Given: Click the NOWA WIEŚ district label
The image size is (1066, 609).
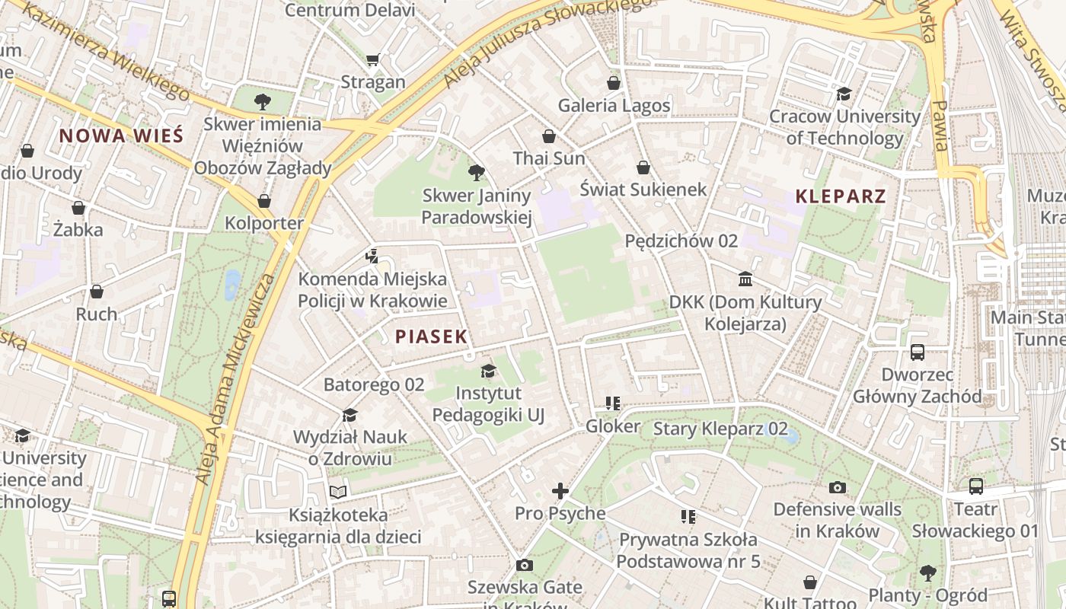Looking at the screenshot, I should pos(121,136).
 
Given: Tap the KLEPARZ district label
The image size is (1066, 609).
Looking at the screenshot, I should pos(841,196).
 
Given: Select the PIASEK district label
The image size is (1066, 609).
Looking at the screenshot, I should pos(431,336).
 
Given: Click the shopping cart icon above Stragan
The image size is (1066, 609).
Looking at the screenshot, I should pos(372,59).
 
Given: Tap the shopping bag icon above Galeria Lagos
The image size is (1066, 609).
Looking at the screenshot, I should pos(614,83).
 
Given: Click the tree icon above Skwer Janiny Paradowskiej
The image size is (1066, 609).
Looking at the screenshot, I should pos(477,173).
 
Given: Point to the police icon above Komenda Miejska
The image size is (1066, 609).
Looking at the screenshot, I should pos(372,256).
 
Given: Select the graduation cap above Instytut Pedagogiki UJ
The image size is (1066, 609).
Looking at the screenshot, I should pos(488,371).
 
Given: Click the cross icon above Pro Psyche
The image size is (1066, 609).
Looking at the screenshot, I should pos(560,491).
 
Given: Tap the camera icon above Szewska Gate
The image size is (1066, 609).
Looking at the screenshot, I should pos(524,565).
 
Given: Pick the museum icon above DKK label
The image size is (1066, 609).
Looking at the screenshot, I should pos(745,279).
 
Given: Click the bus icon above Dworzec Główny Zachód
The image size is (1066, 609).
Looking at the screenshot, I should pos(918,352).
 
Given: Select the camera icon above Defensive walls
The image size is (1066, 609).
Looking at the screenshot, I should pos(838,487).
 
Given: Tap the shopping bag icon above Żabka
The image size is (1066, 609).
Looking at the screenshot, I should pos(78,207).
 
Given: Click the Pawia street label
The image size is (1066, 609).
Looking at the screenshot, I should pos(941,126).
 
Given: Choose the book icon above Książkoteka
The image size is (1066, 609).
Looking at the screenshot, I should pos(338,492).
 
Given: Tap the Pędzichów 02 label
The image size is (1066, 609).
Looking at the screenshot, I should pos(681,241).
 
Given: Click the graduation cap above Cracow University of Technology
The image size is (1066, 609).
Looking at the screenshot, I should pos(844,94).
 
